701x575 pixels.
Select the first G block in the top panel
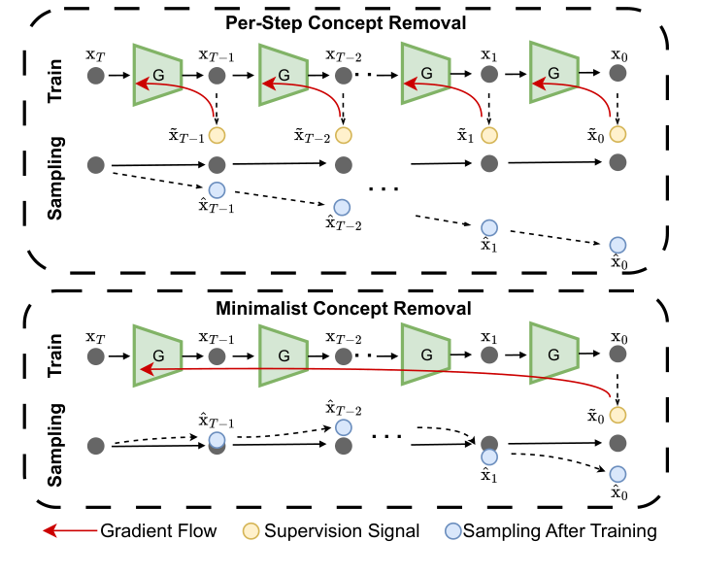(159, 74)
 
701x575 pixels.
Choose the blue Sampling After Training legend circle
(451, 531)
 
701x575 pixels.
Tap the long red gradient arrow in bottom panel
(369, 370)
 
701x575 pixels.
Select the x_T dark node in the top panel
(95, 75)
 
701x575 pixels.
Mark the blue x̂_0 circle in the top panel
(616, 246)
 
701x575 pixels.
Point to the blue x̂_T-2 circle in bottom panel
(343, 427)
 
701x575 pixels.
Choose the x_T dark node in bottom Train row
(95, 356)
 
